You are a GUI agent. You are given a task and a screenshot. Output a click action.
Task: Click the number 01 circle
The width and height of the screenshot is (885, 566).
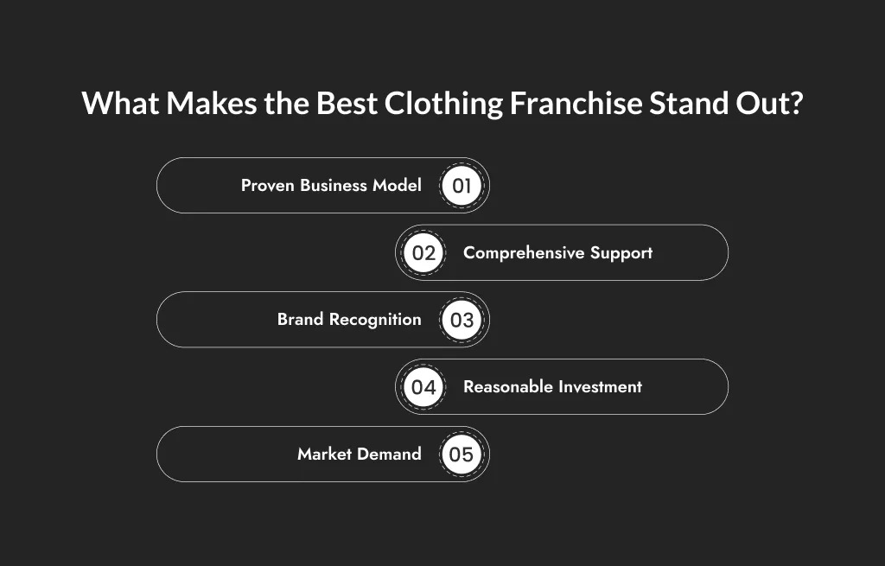[462, 186]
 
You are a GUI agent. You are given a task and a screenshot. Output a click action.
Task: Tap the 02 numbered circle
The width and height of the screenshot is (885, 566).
[423, 253]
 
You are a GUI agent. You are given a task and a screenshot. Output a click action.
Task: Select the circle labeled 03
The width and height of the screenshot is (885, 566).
[462, 320]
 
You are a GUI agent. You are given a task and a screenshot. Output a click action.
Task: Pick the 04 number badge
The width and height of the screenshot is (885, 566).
[423, 387]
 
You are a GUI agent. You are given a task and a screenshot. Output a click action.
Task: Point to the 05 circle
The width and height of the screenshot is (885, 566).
[462, 455]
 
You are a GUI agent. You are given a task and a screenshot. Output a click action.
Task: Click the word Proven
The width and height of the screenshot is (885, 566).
[268, 186]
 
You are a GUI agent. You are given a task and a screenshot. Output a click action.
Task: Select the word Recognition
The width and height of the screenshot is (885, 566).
[372, 320]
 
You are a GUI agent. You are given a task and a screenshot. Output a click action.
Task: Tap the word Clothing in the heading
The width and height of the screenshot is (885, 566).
[442, 104]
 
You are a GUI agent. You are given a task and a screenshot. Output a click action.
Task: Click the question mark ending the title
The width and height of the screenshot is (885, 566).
[795, 104]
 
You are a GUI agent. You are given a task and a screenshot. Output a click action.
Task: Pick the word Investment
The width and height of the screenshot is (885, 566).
[601, 387]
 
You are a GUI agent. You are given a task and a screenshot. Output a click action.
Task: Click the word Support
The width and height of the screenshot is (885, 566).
[621, 253]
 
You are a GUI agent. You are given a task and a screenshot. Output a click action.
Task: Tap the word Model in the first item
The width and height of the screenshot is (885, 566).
[397, 186]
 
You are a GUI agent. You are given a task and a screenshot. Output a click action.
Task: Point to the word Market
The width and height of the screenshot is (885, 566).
[323, 455]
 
